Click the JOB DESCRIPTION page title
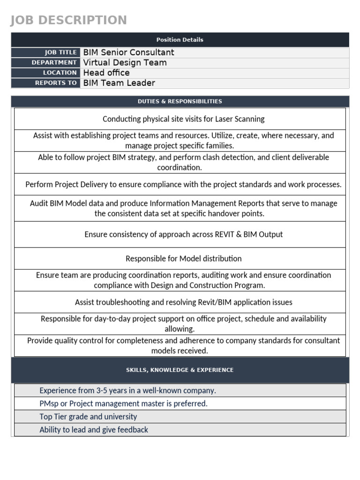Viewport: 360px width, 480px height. pos(68,20)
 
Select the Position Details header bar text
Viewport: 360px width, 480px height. pos(180,40)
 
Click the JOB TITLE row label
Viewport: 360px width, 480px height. pos(60,52)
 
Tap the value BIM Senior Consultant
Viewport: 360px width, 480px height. pos(128,52)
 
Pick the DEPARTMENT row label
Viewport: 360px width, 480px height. pos(54,62)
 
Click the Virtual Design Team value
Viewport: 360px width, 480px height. pos(125,63)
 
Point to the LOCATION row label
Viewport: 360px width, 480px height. pos(60,73)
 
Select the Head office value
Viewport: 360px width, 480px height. pos(106,73)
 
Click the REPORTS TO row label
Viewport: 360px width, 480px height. pos(56,83)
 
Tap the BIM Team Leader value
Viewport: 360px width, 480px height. pos(119,83)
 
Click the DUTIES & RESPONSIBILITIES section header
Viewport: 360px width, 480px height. pos(180,101)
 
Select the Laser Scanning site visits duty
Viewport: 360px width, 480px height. pos(183,119)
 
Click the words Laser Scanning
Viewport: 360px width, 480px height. pos(240,119)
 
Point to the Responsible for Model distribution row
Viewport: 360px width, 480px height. pos(183,259)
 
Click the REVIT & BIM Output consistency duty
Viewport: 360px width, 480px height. pos(183,234)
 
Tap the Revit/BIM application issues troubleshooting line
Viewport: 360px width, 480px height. pos(183,302)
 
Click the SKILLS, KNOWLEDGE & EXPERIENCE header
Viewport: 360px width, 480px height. pos(180,370)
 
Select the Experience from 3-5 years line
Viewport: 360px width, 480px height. pos(127,390)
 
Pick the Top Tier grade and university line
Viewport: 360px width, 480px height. pos(88,417)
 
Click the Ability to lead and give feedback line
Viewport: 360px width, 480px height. pos(94,430)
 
